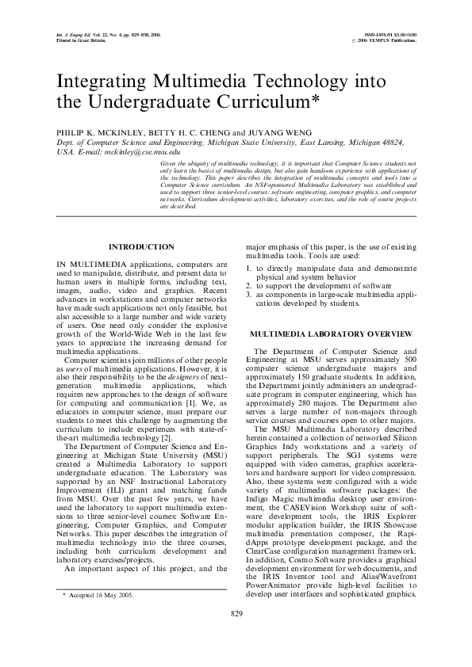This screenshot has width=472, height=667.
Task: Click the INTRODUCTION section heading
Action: (x=141, y=248)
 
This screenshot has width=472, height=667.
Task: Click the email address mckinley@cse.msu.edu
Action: (x=131, y=149)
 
